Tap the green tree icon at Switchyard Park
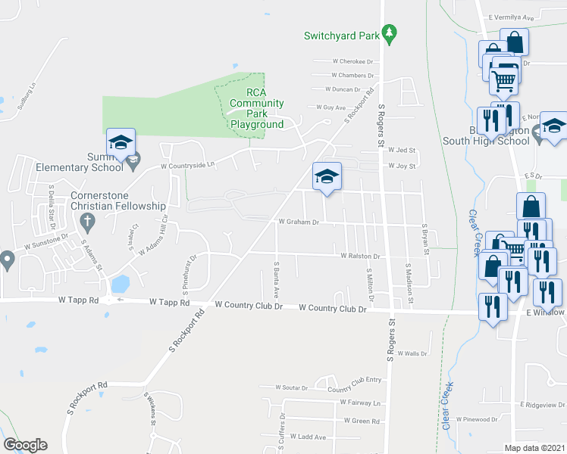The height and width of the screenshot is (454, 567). tap(390, 33)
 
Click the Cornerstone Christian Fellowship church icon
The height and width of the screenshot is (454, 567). tap(86, 222)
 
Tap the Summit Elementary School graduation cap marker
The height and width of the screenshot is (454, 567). tap(121, 142)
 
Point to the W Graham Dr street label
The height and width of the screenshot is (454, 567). tap(299, 222)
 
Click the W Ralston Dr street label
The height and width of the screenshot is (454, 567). tap(359, 257)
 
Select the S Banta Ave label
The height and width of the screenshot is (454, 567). tap(277, 279)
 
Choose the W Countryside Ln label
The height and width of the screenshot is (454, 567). tap(187, 164)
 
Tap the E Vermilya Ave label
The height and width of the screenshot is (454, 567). tap(513, 17)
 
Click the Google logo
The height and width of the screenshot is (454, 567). tap(25, 445)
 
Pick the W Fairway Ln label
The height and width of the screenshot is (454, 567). tap(360, 403)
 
